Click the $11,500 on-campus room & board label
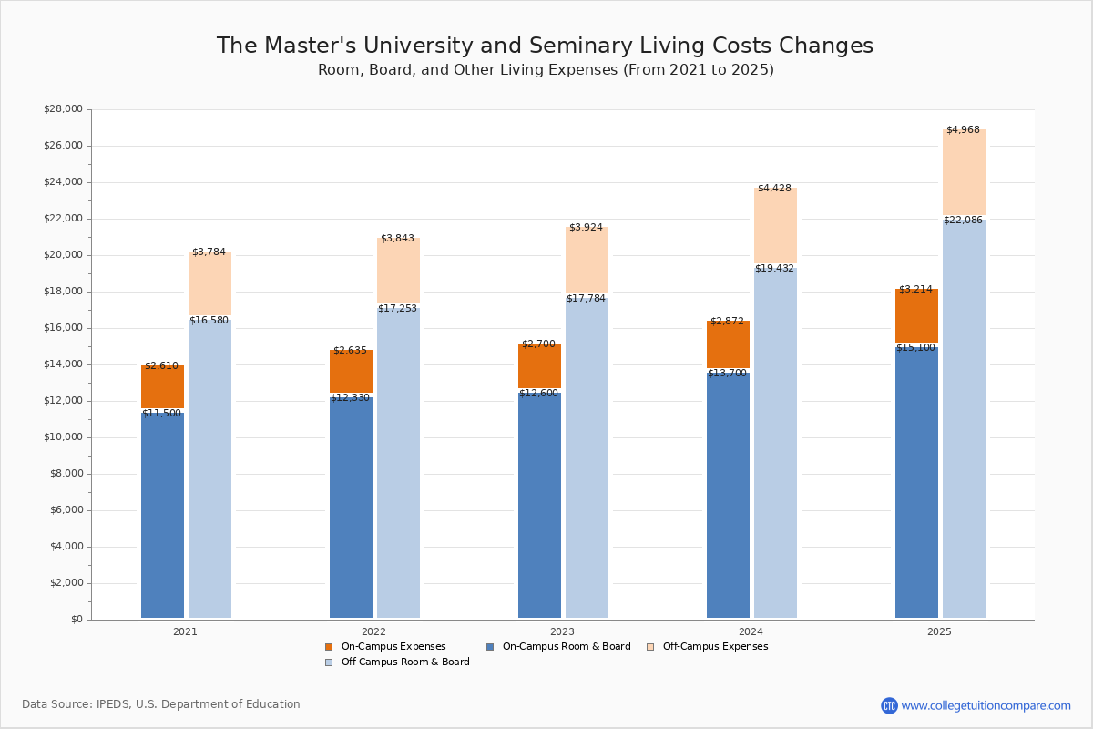click(161, 414)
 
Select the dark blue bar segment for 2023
click(539, 506)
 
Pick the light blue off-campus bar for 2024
click(775, 447)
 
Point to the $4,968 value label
click(963, 130)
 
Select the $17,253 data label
click(397, 309)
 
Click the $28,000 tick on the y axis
click(63, 109)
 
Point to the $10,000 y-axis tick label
click(63, 437)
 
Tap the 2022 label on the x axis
click(373, 631)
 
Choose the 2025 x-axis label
click(939, 631)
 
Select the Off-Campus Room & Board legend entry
click(404, 662)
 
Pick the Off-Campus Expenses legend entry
click(714, 647)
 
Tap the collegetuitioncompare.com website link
click(986, 705)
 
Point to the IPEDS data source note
click(161, 704)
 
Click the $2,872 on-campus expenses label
click(727, 322)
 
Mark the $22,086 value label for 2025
click(963, 221)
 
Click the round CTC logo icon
click(889, 705)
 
